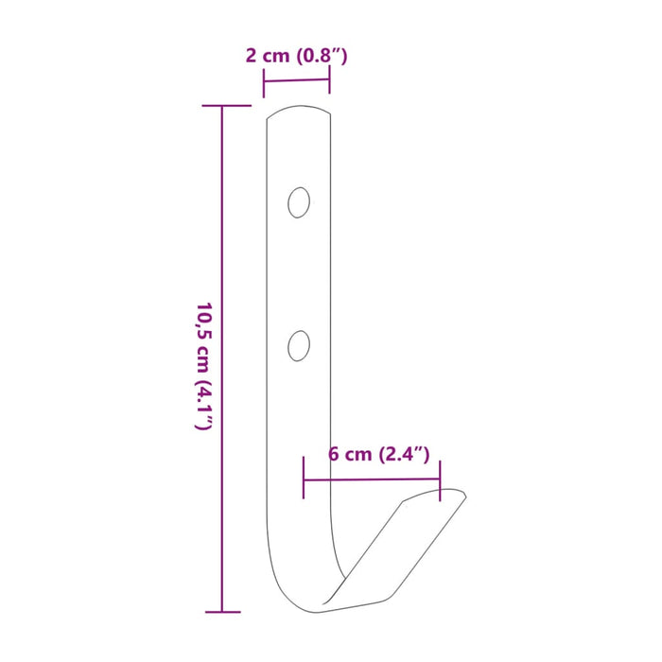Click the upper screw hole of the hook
pos(299,202)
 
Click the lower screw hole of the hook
pos(299,344)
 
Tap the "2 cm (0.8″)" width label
pos(296,55)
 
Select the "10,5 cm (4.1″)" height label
pos(201,367)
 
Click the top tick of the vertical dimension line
pos(222,106)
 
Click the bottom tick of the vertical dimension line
pos(222,612)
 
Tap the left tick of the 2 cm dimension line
pos(264,83)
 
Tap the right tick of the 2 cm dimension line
pos(329,79)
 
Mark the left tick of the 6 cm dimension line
pos(304,479)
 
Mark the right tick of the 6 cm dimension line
pos(440,479)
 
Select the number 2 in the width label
pos(251,55)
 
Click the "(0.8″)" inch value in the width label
pos(321,55)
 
